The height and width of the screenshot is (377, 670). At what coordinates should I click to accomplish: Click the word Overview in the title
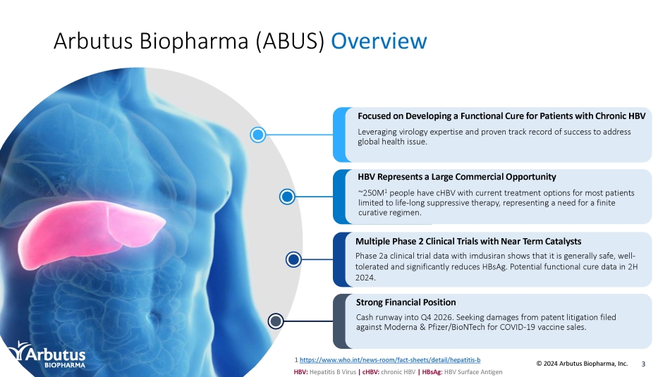tap(379, 41)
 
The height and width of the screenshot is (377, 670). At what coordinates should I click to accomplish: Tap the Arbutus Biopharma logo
tap(47, 354)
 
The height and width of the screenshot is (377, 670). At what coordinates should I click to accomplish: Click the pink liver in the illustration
tap(90, 233)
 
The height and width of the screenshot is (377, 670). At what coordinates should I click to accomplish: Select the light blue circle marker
tap(257, 135)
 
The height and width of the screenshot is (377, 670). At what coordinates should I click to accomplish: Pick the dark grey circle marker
tap(276, 321)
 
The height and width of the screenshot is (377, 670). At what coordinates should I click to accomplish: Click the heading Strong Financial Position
tap(406, 302)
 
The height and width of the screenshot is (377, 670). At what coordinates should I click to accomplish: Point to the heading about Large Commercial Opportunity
tap(457, 177)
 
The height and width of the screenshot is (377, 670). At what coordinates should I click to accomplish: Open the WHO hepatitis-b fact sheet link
tap(390, 360)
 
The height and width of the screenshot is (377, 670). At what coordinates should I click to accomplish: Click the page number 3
tap(643, 364)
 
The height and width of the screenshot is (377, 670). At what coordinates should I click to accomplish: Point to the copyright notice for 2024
tap(582, 364)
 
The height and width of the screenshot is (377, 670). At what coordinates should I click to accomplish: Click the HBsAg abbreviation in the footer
tap(432, 372)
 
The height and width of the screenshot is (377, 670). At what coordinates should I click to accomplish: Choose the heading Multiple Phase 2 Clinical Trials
tap(468, 241)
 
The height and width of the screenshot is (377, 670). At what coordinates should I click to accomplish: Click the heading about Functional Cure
tap(501, 116)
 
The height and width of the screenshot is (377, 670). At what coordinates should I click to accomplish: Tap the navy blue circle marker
tap(293, 259)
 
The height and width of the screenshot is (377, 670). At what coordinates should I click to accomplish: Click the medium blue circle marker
tap(287, 197)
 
